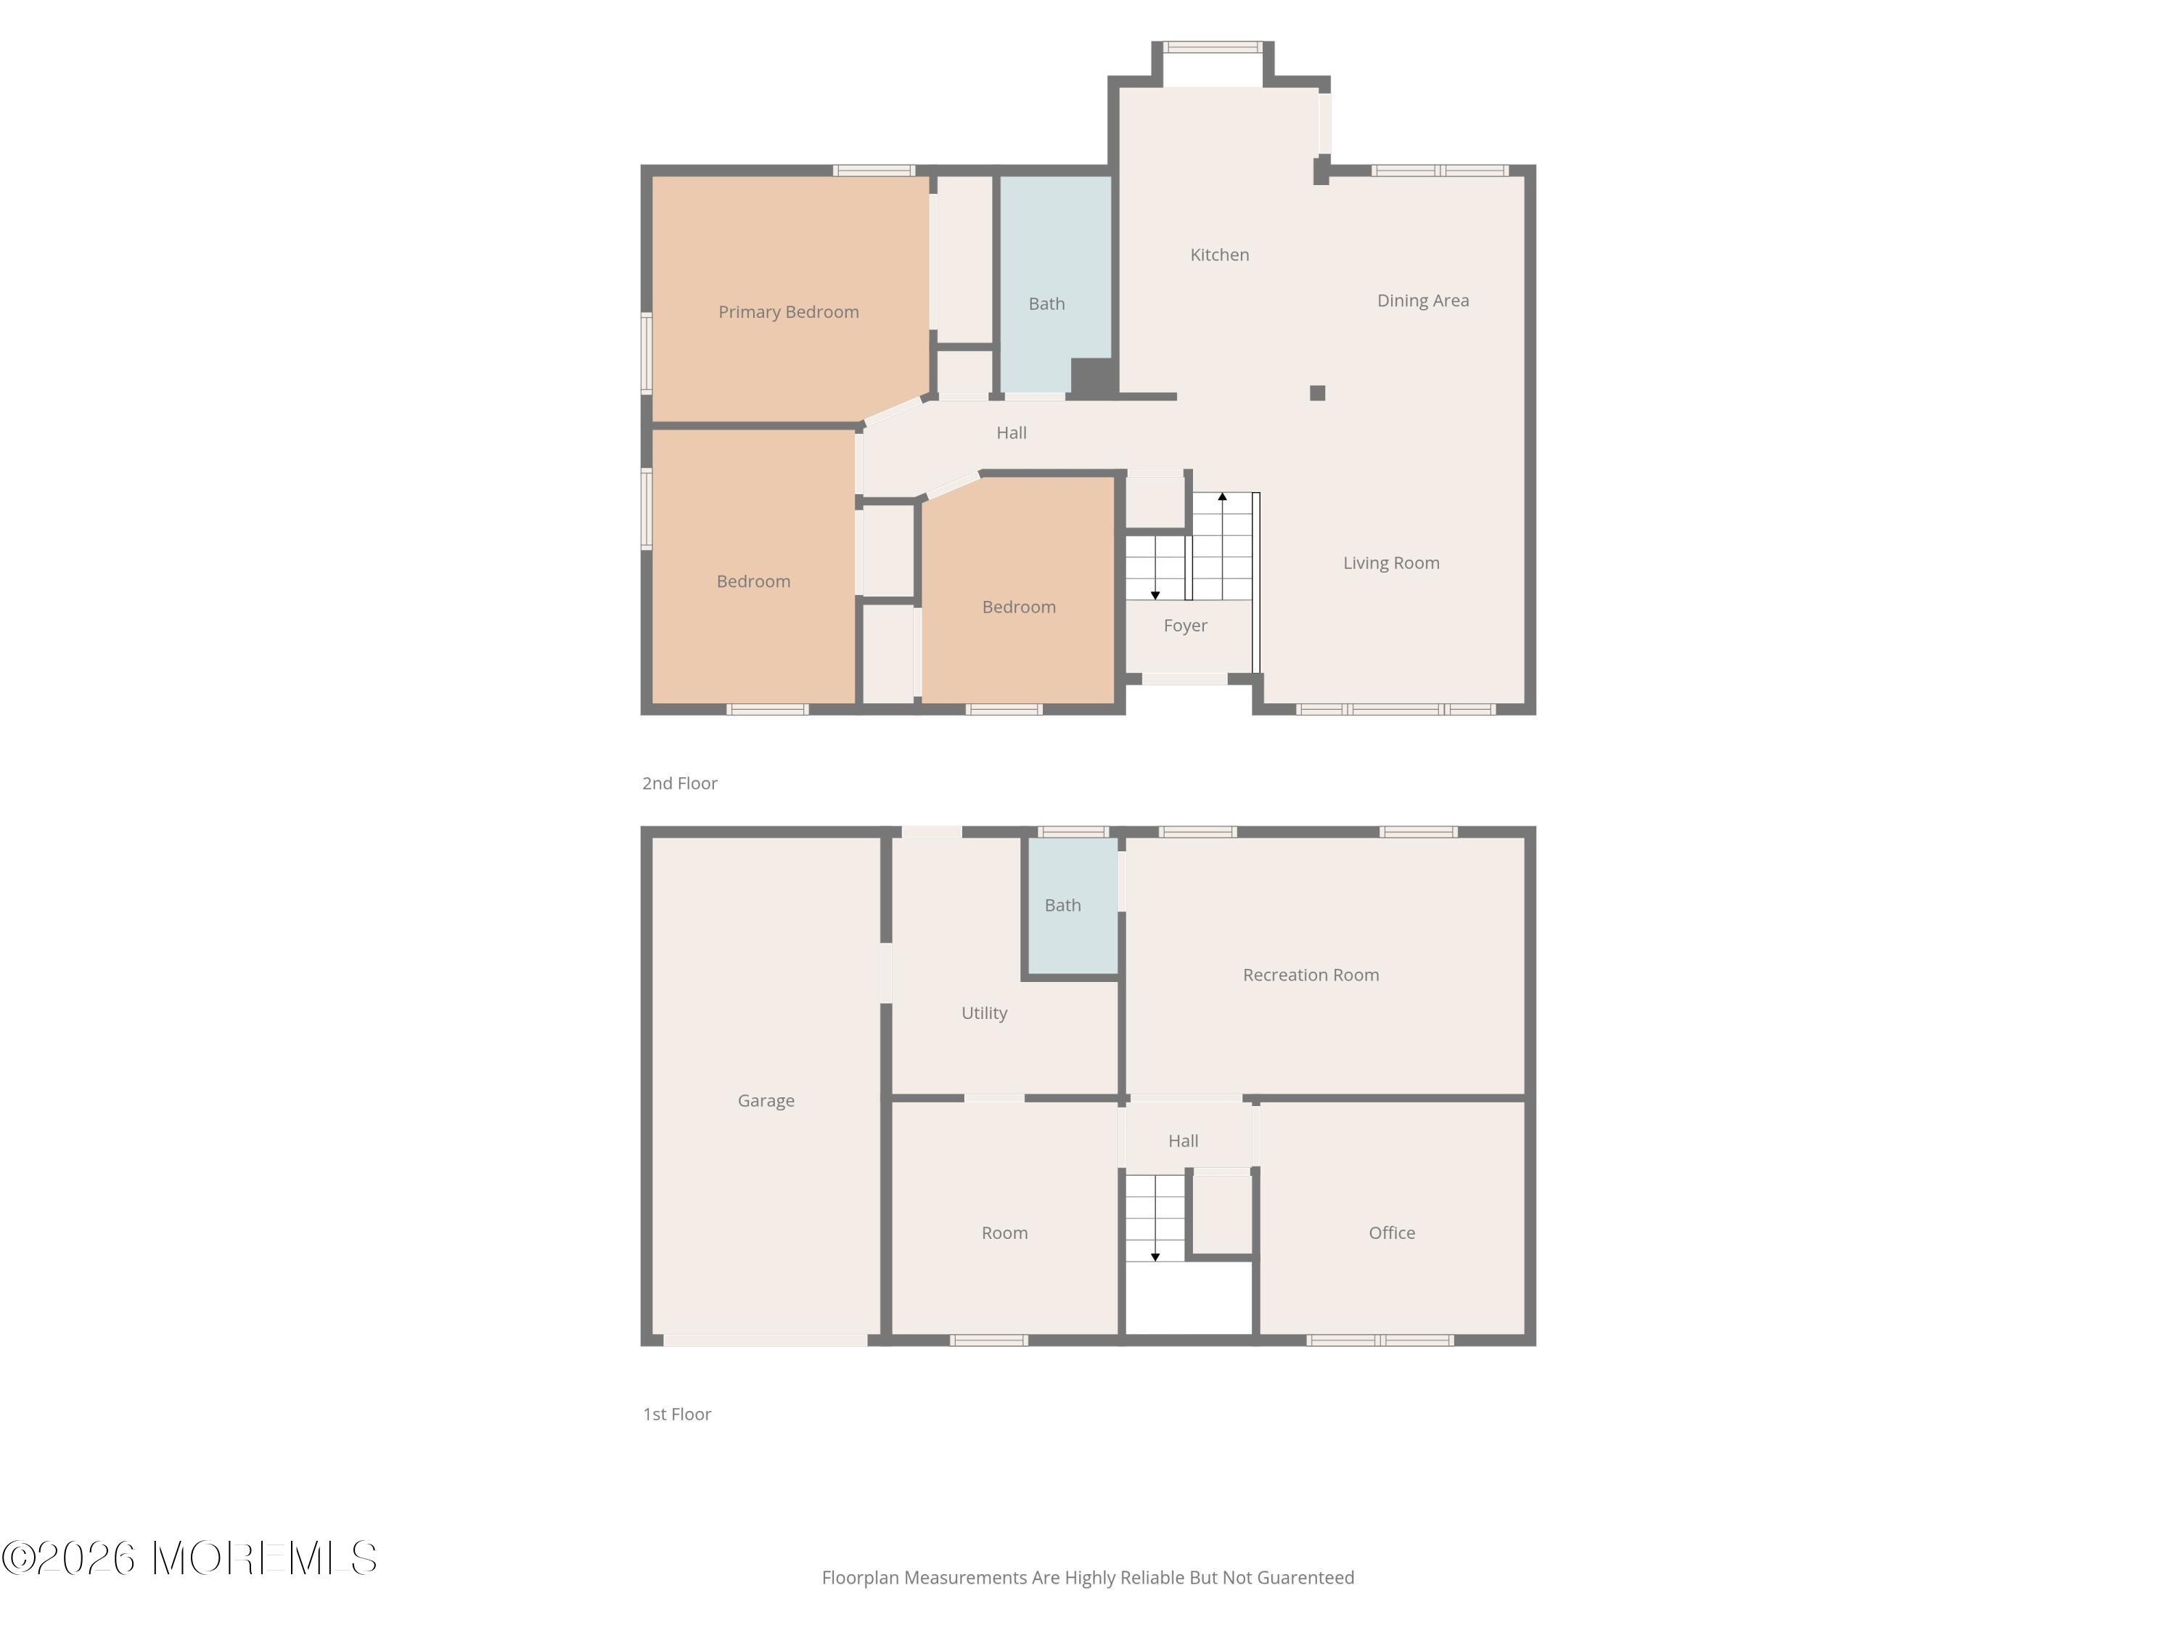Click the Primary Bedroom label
(788, 312)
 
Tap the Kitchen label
(1219, 255)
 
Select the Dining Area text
(1422, 300)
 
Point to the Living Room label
(1390, 563)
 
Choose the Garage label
(766, 1100)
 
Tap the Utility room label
(984, 1013)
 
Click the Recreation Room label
(1310, 975)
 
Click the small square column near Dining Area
(1318, 393)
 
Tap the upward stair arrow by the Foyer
(1222, 498)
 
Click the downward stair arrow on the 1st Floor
(1155, 1256)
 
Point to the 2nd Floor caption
(679, 784)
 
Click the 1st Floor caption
(676, 1415)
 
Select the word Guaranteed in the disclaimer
(1305, 1578)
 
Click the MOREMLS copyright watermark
(189, 1558)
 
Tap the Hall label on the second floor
(1011, 432)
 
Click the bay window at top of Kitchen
(1213, 47)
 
